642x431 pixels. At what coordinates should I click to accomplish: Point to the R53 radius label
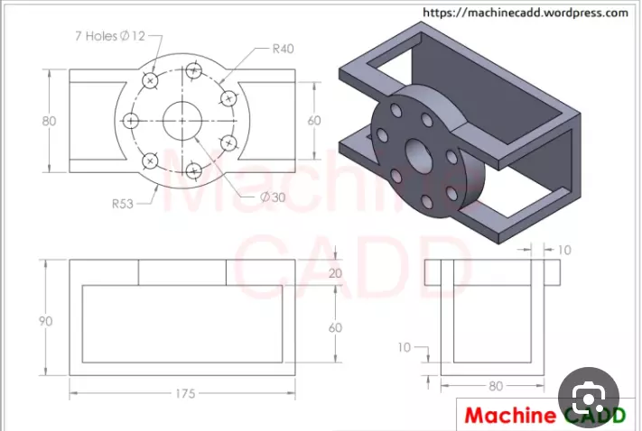click(x=123, y=204)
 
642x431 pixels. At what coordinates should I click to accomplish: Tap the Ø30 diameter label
click(x=273, y=197)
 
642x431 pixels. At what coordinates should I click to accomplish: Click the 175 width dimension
click(x=183, y=394)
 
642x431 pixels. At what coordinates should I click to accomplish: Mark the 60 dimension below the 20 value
click(x=335, y=327)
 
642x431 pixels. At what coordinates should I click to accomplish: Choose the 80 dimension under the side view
click(x=496, y=387)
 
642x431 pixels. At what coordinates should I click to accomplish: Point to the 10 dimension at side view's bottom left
click(x=405, y=346)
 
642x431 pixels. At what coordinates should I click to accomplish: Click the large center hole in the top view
click(x=183, y=120)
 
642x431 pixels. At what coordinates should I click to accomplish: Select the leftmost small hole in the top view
click(x=132, y=120)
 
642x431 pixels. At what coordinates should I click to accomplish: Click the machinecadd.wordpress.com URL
click(x=525, y=13)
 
